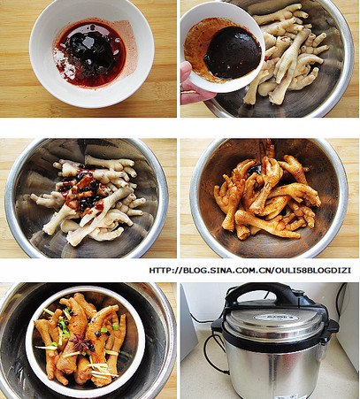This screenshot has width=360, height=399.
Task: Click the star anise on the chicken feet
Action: tap(80, 344)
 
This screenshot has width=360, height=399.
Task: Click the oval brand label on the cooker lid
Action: tap(276, 318)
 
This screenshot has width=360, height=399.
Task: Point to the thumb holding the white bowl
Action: tap(186, 72)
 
